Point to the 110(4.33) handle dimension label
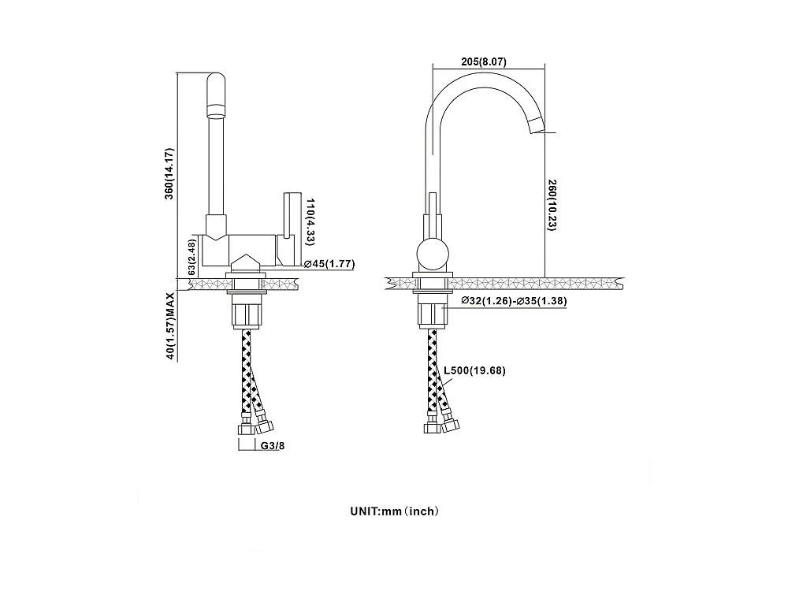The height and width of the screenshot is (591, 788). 310,219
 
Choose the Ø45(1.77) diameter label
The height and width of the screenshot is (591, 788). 329,264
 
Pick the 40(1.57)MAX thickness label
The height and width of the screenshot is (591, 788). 169,326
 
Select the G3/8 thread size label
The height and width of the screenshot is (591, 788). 272,446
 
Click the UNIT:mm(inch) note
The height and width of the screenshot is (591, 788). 394,511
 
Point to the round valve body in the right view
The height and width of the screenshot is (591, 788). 433,254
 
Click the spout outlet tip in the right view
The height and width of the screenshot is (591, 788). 537,125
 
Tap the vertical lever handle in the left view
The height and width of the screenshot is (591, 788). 288,213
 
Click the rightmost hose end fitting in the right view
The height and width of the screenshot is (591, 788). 451,426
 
